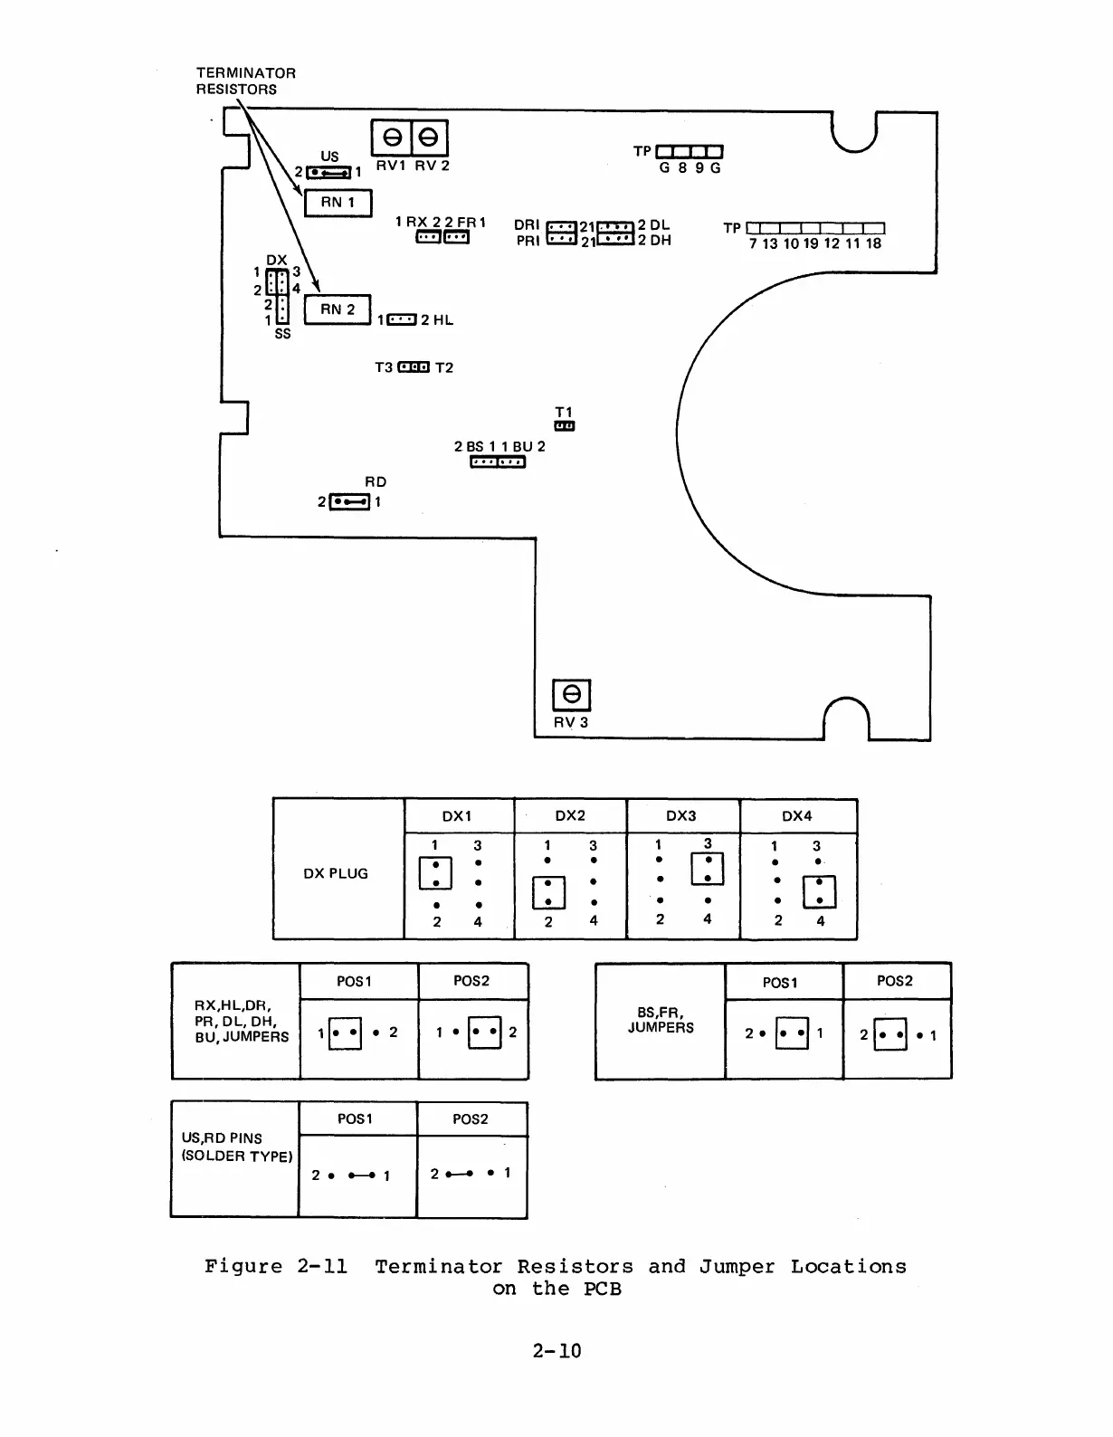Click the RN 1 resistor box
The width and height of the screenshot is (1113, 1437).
pyautogui.click(x=338, y=203)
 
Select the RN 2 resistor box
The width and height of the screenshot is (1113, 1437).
pyautogui.click(x=338, y=309)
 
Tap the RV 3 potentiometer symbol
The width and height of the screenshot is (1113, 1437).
pyautogui.click(x=571, y=695)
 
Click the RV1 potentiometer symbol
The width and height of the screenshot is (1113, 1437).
pyautogui.click(x=392, y=138)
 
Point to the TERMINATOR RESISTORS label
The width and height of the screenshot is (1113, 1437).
pyautogui.click(x=245, y=81)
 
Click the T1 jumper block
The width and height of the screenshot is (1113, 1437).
pyautogui.click(x=565, y=425)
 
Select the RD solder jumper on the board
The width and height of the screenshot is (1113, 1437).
pyautogui.click(x=350, y=501)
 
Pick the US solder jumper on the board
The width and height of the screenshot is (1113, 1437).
pyautogui.click(x=329, y=172)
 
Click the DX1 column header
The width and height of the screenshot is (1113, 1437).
pyautogui.click(x=457, y=815)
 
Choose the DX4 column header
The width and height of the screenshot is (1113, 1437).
pyautogui.click(x=797, y=815)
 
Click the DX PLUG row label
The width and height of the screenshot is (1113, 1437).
pyautogui.click(x=336, y=873)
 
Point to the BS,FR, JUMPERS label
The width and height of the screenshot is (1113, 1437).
pyautogui.click(x=661, y=1020)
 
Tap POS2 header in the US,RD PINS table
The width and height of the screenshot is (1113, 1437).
pyautogui.click(x=471, y=1119)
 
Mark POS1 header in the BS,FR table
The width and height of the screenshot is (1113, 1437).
pyautogui.click(x=781, y=983)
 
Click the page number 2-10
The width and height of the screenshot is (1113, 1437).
pyautogui.click(x=556, y=1351)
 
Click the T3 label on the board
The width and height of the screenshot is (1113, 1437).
pyautogui.click(x=384, y=367)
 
